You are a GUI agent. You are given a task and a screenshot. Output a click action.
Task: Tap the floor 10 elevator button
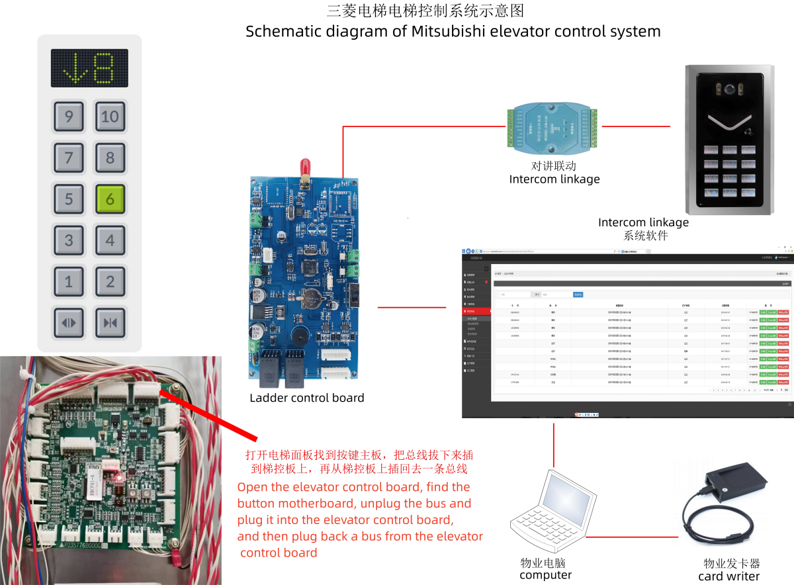pos(110,117)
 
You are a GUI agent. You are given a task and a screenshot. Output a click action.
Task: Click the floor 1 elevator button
pos(69,283)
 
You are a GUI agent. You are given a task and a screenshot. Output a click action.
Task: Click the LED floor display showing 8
pos(89,68)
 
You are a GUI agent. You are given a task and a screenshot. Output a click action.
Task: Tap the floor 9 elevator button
pos(69,117)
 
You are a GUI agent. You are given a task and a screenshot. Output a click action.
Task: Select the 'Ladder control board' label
pos(307,398)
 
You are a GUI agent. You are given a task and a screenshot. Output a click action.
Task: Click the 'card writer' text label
pos(728,576)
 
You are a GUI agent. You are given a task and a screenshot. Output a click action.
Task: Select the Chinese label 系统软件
pos(645,236)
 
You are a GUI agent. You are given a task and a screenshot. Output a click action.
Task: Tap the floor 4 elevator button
pos(110,241)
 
